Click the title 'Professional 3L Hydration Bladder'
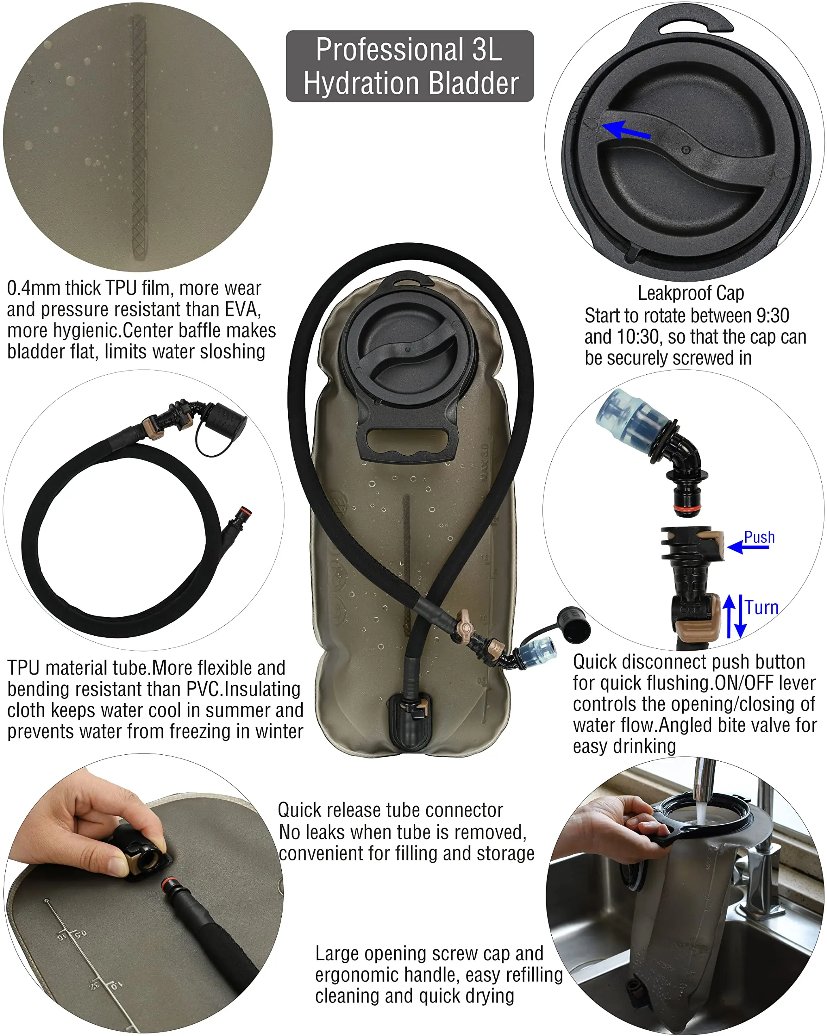pyautogui.click(x=410, y=66)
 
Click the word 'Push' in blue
pyautogui.click(x=759, y=537)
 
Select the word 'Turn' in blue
pyautogui.click(x=762, y=608)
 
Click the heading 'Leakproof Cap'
pyautogui.click(x=691, y=293)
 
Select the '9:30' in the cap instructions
pyautogui.click(x=772, y=316)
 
